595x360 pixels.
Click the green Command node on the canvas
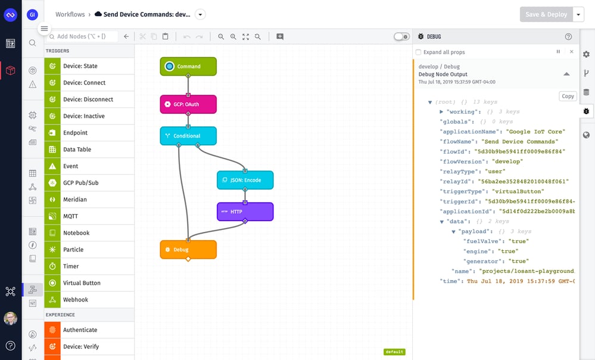coord(188,66)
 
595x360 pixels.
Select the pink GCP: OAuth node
coord(188,104)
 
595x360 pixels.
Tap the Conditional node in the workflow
coord(188,136)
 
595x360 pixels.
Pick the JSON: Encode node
coord(245,180)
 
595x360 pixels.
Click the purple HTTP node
coord(245,212)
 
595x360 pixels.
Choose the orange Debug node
coord(188,249)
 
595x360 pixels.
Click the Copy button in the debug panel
coord(568,96)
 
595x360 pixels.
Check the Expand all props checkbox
coord(418,52)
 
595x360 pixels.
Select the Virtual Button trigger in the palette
coord(82,283)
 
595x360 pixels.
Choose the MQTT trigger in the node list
coord(70,216)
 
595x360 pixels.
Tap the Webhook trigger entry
coord(76,300)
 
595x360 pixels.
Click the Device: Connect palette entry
coord(84,83)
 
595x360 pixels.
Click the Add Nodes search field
coord(83,36)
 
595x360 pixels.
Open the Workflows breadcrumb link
coord(70,14)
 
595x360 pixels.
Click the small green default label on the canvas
coord(394,352)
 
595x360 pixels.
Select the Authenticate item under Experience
coord(80,330)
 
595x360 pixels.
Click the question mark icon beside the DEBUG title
coord(568,36)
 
